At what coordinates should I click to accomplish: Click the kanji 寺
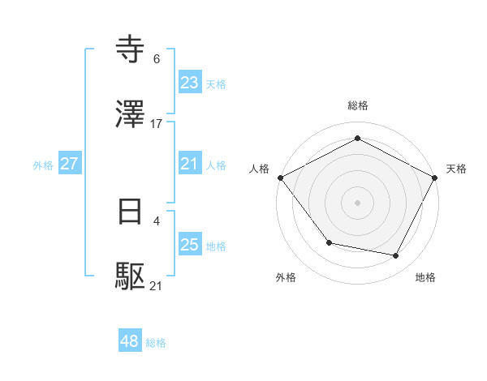131,50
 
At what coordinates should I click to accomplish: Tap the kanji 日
131,212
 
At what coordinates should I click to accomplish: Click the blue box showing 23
190,83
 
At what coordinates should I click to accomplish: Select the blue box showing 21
190,165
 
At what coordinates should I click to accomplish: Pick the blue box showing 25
190,246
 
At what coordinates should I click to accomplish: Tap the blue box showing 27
70,165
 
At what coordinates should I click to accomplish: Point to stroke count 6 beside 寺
157,59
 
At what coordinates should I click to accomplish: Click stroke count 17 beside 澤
157,124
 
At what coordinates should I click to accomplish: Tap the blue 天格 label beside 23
216,84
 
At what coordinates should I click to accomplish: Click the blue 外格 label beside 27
43,165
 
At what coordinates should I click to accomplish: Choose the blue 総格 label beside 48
156,344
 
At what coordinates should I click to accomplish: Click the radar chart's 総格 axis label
357,105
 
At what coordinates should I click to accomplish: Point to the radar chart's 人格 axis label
259,169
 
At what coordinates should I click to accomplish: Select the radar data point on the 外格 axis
329,242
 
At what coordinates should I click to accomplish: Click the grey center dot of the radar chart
357,202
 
